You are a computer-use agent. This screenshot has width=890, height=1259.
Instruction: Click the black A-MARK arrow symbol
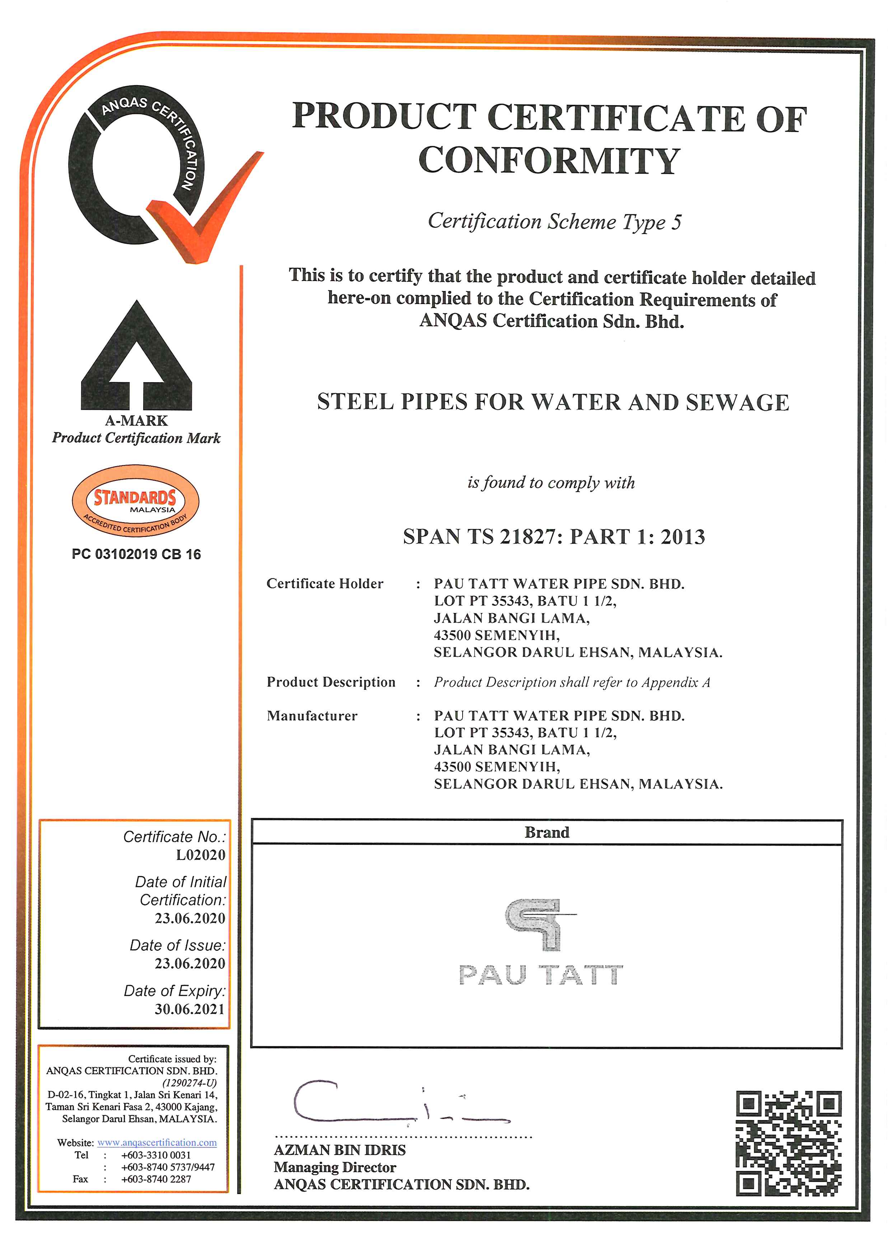(x=136, y=356)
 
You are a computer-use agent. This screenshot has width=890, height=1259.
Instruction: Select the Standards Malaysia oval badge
(x=135, y=500)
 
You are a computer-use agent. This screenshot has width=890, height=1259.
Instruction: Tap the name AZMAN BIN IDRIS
(x=340, y=1150)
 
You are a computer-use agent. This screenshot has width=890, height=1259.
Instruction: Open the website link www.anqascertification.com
(x=157, y=1143)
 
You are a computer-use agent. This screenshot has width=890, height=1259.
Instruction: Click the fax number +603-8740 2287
(x=156, y=1179)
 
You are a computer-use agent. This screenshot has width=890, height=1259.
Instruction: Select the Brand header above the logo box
(x=547, y=832)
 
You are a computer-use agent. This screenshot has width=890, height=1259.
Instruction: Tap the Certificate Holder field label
(x=325, y=584)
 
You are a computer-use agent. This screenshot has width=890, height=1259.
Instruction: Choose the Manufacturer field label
(x=312, y=716)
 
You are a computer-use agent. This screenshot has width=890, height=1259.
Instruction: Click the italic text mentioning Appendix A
(x=572, y=682)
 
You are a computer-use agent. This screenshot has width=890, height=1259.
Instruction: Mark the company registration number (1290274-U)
(x=189, y=1083)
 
